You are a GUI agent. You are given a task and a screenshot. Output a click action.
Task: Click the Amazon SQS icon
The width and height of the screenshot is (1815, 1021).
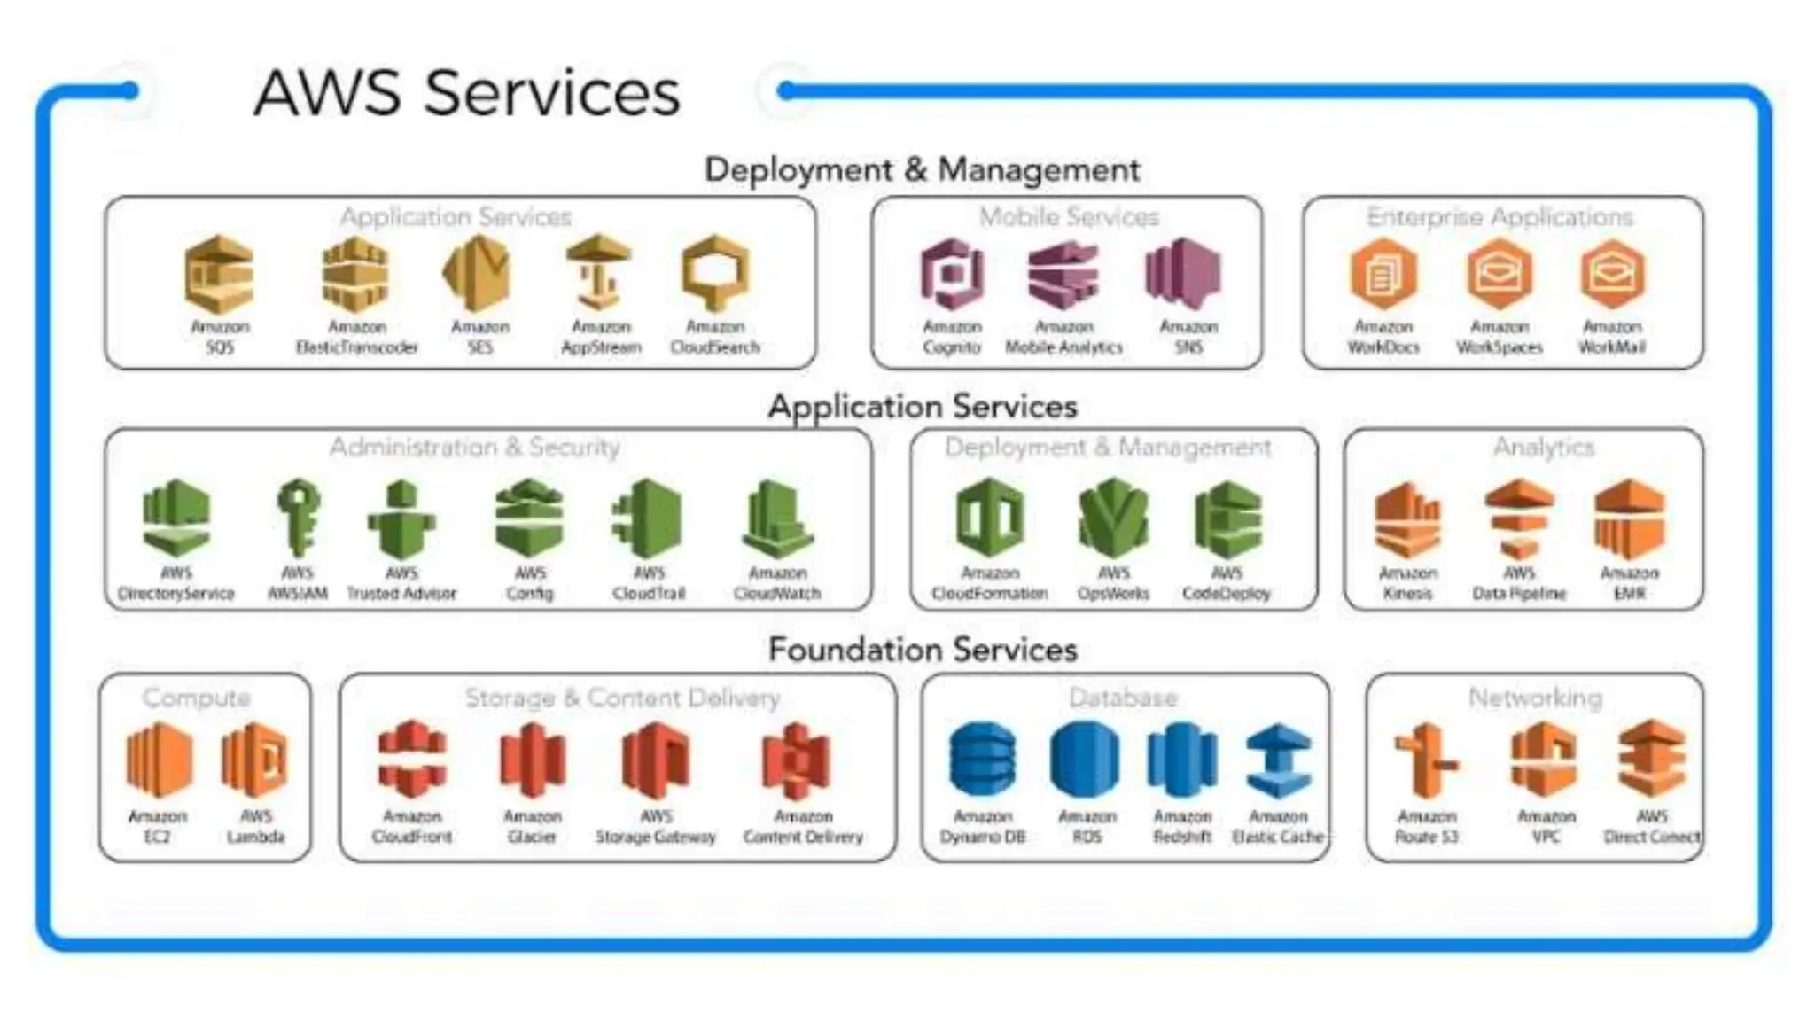coord(219,274)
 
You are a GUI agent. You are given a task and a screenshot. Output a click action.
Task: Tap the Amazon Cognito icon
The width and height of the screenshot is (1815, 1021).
coord(952,274)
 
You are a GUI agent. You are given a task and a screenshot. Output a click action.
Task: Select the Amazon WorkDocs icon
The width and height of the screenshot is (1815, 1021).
coord(1383,274)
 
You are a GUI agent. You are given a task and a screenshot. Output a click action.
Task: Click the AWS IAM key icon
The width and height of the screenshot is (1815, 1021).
coord(298,518)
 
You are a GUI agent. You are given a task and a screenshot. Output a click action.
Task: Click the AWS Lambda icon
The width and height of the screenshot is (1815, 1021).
coord(255,760)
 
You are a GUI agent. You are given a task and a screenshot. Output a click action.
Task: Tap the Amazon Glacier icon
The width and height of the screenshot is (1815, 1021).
coord(532,760)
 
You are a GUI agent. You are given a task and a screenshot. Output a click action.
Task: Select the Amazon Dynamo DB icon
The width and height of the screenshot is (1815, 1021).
coord(982,760)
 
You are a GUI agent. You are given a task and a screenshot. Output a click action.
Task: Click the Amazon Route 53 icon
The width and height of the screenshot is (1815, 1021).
coord(1426,760)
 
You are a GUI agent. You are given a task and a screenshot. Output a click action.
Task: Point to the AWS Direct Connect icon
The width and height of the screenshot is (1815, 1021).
coord(1651,760)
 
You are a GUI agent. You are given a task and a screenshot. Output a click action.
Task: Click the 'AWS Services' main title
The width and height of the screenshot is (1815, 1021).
coord(467,92)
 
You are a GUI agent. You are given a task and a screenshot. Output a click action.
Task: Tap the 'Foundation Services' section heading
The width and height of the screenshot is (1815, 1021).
coord(923,650)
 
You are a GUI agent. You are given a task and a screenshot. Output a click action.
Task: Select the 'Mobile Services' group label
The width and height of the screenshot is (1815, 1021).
coord(1069,217)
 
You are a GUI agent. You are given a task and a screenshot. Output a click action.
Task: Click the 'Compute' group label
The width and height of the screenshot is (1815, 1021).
coord(196,698)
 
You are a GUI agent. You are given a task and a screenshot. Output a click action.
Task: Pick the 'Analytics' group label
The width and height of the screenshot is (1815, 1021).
coord(1544,448)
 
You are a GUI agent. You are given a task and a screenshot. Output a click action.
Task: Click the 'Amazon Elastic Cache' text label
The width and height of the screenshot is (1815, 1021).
coord(1278,826)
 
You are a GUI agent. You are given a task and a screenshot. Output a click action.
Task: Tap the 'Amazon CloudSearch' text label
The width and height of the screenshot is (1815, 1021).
coord(715,337)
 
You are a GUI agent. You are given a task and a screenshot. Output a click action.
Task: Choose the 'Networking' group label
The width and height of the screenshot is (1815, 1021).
coord(1535,698)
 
